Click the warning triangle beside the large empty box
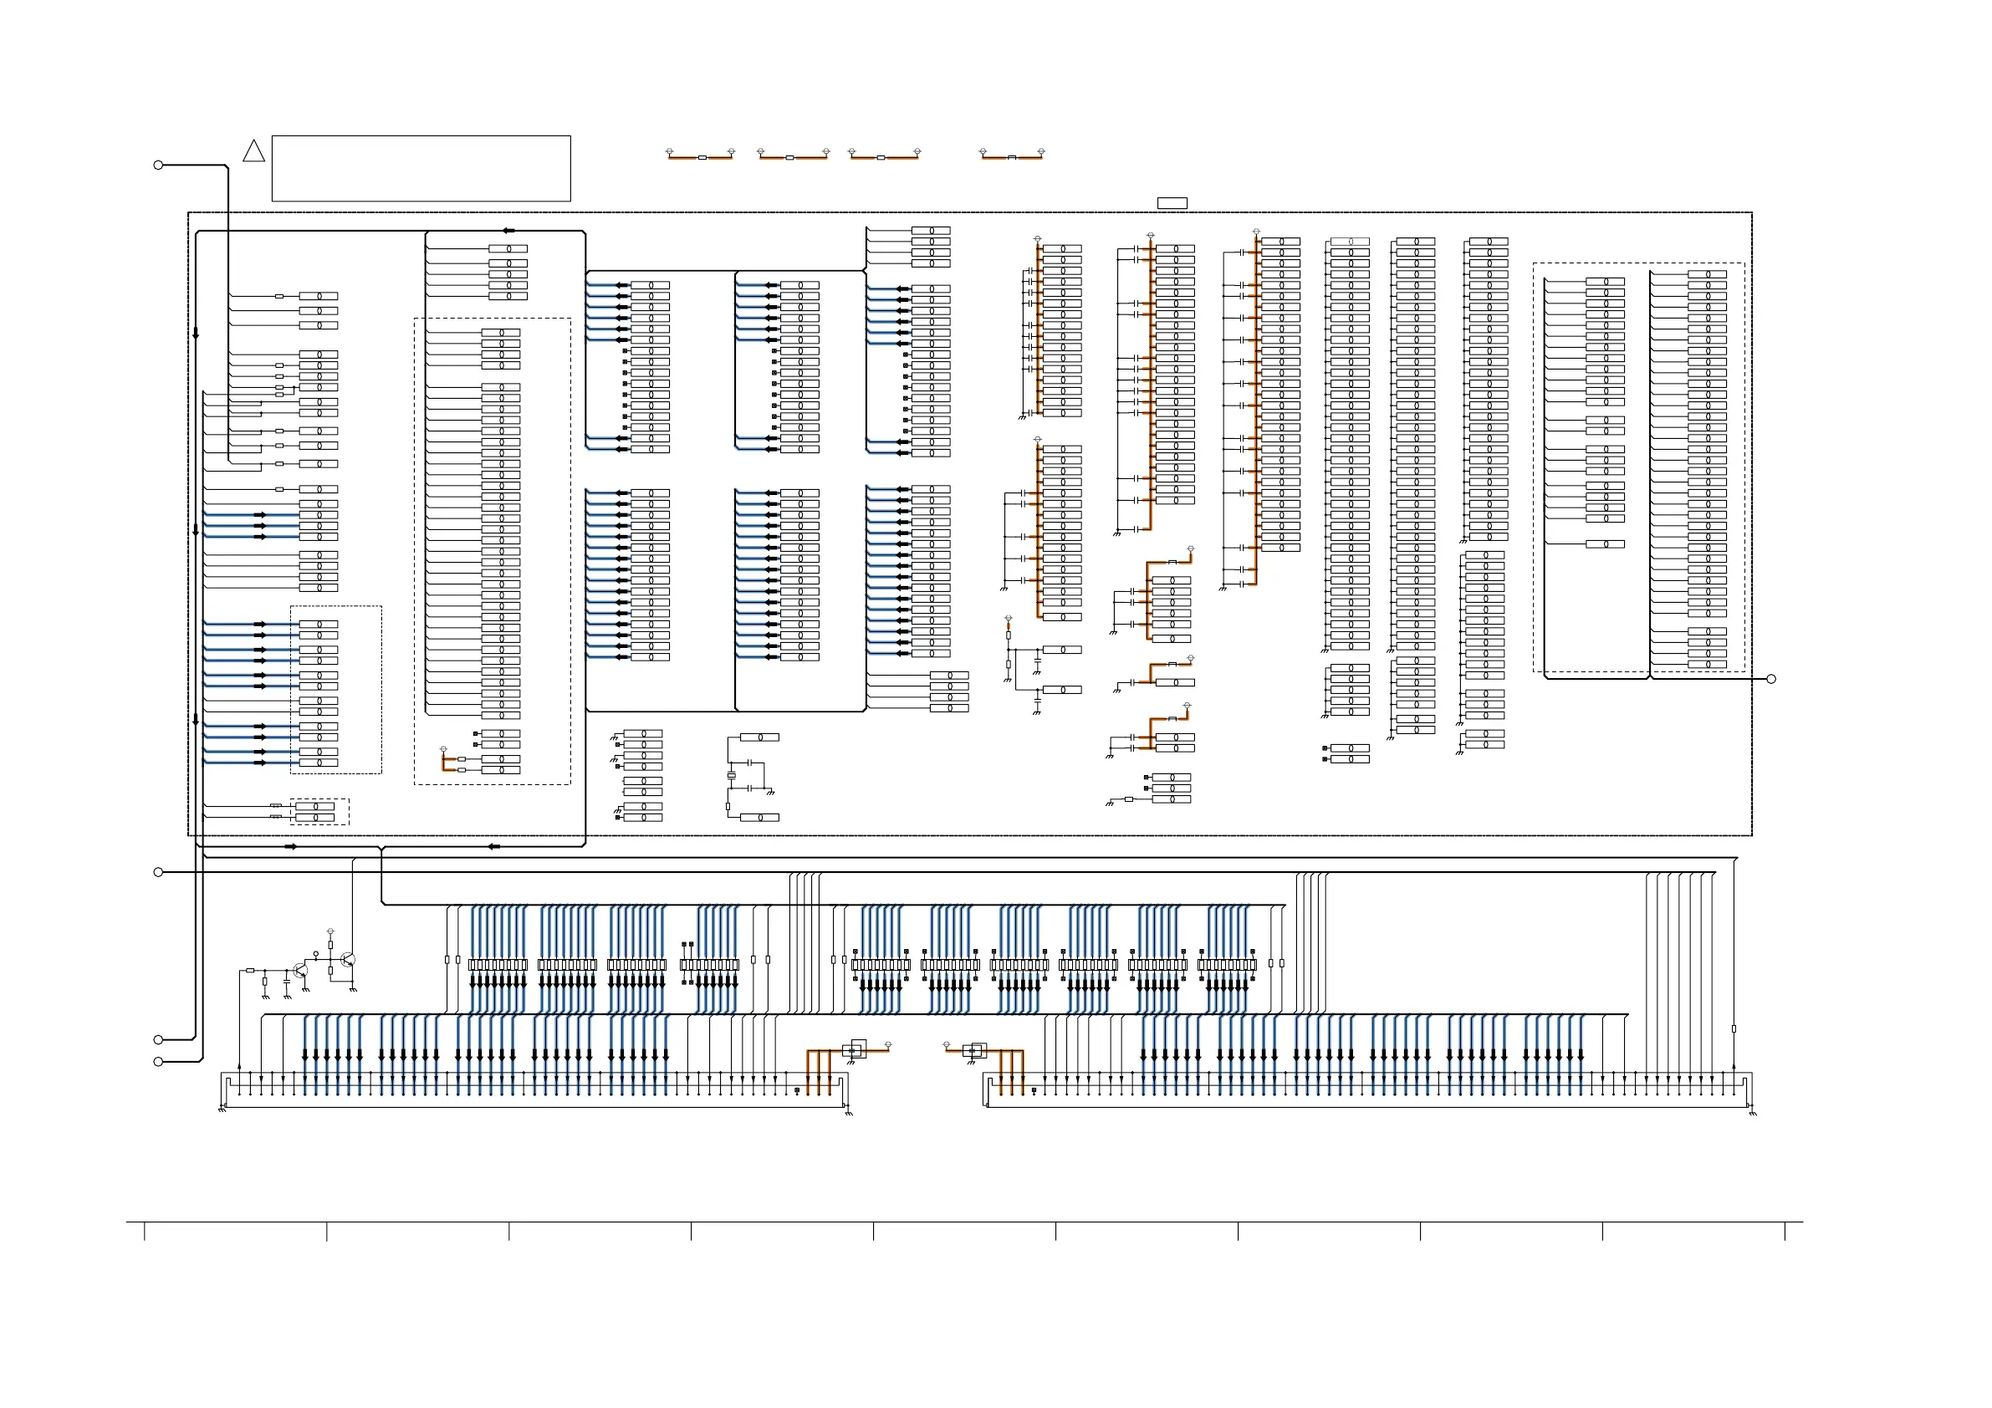253,152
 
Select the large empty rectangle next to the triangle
421,168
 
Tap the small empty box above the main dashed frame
1172,203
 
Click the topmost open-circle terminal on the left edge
158,165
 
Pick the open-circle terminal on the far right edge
1770,679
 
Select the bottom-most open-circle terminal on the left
158,1062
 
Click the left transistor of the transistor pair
300,970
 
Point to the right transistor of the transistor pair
347,960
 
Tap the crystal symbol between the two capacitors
731,775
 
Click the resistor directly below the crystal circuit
728,807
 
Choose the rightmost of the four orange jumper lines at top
1012,157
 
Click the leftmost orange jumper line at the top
701,157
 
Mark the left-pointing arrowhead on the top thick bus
508,231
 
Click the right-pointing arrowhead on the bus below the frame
292,847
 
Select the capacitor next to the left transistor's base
286,983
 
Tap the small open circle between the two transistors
316,953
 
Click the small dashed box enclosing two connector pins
319,812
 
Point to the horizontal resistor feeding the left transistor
250,971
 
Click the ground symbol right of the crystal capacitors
770,791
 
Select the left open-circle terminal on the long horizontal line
158,872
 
